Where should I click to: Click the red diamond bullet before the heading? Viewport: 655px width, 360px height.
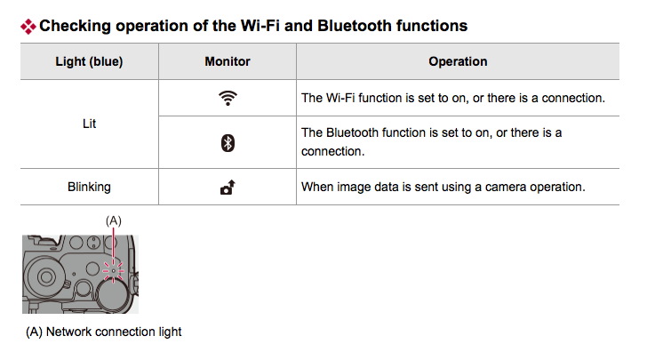[x=28, y=27]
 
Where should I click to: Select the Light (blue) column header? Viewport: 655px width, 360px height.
[x=89, y=61]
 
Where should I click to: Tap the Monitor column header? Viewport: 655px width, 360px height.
[x=228, y=61]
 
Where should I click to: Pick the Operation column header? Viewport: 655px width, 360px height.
[x=458, y=61]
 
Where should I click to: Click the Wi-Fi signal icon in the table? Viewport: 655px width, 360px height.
[x=228, y=98]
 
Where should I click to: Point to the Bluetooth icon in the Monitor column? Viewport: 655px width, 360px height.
[x=228, y=143]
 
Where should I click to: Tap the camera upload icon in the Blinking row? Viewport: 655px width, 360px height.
[x=228, y=187]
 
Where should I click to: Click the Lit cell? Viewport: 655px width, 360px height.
[x=89, y=124]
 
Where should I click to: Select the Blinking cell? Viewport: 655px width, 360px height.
[x=89, y=187]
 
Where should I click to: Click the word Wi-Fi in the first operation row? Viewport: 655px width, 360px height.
[x=340, y=98]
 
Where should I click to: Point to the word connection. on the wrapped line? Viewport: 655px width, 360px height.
[x=333, y=151]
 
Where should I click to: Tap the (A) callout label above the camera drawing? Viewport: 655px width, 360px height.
[x=113, y=220]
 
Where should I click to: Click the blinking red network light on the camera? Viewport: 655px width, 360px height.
[x=113, y=271]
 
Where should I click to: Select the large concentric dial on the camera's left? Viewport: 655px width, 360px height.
[x=45, y=276]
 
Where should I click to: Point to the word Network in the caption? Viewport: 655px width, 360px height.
[x=68, y=332]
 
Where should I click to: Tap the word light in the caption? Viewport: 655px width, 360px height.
[x=170, y=332]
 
